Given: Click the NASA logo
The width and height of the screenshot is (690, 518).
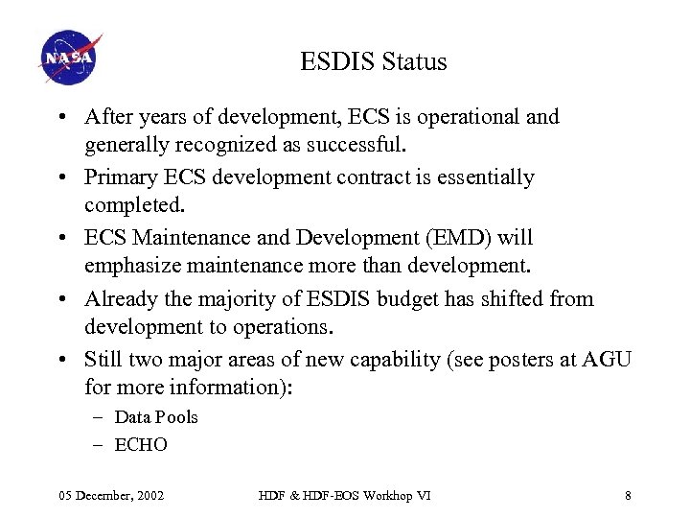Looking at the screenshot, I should tap(70, 59).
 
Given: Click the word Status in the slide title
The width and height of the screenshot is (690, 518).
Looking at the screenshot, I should tap(414, 62).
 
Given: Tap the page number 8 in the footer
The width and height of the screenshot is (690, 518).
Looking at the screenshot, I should tap(628, 495).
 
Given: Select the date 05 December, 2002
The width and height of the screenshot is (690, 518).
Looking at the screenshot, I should tap(111, 495).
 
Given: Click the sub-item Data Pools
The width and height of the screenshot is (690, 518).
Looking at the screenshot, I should tap(156, 417).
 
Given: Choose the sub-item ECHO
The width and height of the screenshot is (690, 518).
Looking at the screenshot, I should tap(141, 445).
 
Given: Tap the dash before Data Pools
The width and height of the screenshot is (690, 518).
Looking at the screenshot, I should tap(100, 417).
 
